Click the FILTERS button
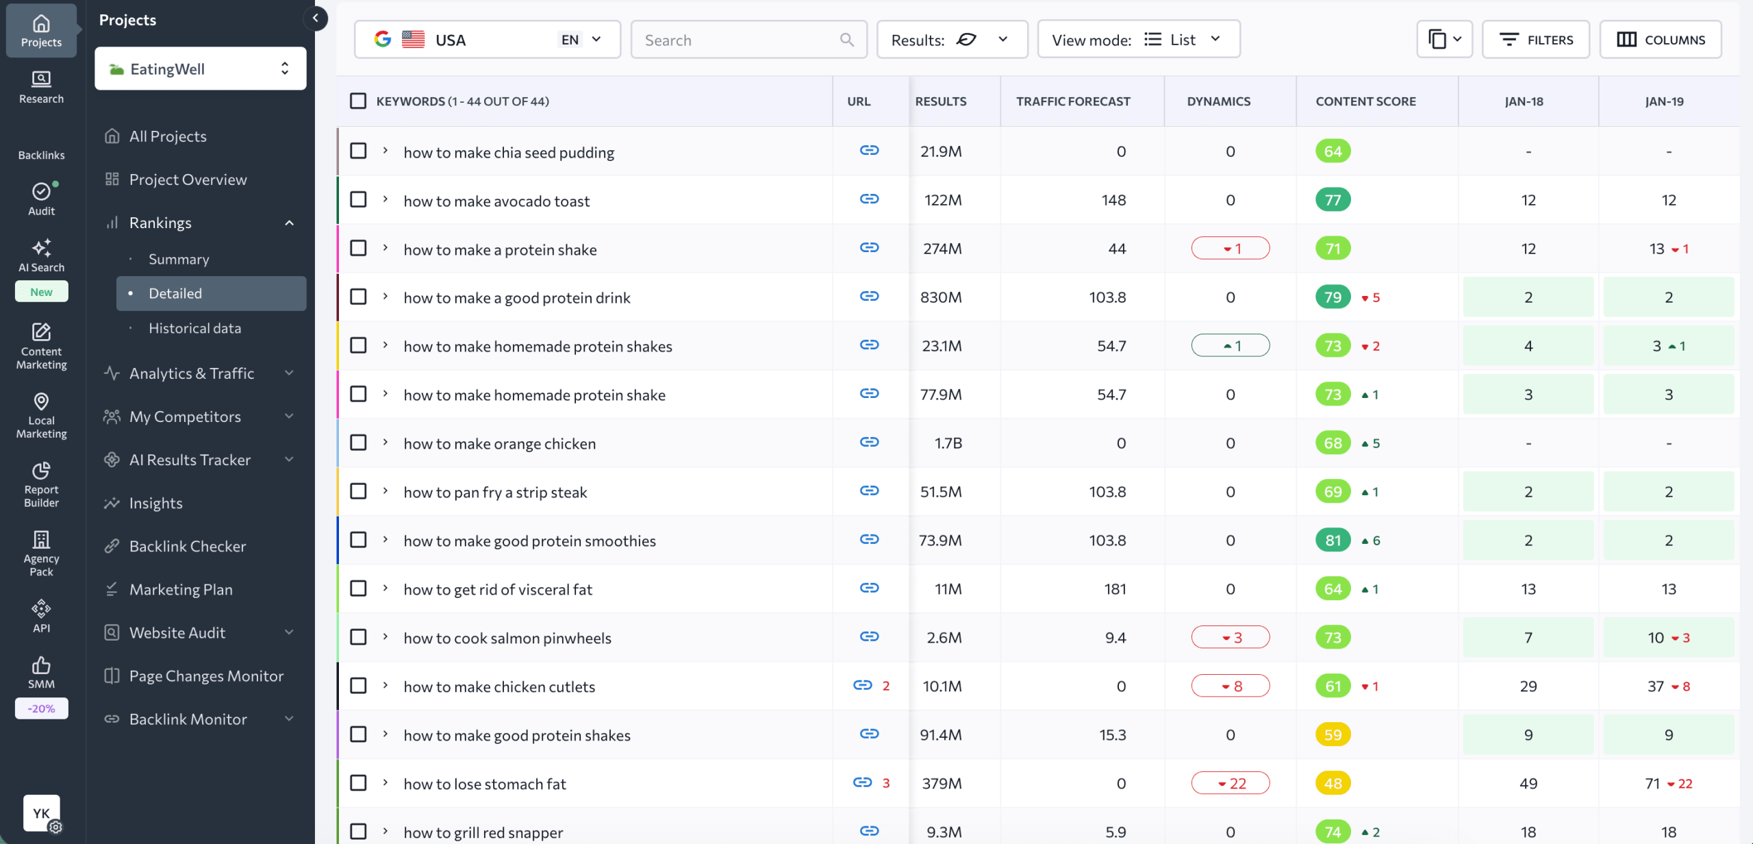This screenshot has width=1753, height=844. coord(1535,40)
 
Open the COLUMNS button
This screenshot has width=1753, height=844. coord(1660,40)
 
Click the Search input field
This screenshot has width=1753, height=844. coord(740,40)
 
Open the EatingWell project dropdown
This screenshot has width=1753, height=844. coord(200,69)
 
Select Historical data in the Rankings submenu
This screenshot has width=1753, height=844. coord(194,328)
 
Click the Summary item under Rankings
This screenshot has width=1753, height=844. coord(179,259)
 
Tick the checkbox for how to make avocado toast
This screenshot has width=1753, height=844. coord(358,199)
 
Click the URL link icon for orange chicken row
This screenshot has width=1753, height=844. coord(869,442)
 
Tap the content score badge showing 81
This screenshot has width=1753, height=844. coord(1332,540)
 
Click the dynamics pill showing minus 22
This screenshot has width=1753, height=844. coord(1230,782)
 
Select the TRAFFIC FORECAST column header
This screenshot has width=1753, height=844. coord(1072,101)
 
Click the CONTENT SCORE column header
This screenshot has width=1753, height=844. coord(1365,101)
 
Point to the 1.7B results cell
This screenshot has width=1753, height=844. coord(948,443)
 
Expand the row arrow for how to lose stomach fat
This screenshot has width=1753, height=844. coord(386,782)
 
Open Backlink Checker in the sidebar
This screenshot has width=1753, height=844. coord(187,546)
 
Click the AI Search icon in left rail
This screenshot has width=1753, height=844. coord(41,255)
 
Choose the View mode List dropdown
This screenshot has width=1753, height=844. coord(1138,40)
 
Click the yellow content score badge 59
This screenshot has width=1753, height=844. coord(1332,734)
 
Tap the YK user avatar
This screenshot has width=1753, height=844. coord(41,812)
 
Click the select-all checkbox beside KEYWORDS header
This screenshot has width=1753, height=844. coord(358,101)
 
